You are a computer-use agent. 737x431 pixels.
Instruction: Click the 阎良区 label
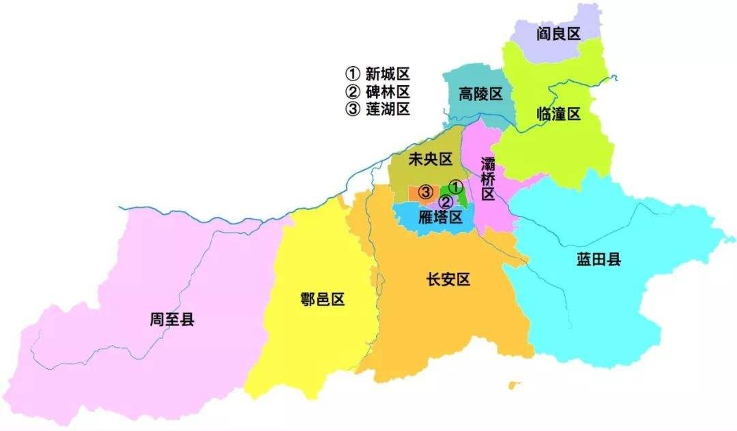tap(558, 33)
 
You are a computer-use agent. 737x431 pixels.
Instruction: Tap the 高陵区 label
tap(480, 94)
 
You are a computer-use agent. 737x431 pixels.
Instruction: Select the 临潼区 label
tap(558, 115)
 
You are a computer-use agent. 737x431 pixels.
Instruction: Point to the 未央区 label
tap(430, 160)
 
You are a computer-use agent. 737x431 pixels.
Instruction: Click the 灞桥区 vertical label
tap(487, 179)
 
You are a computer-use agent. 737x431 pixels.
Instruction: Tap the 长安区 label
tap(448, 279)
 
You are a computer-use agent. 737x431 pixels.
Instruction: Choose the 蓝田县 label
tap(598, 259)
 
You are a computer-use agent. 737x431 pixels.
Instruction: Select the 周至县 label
tap(172, 318)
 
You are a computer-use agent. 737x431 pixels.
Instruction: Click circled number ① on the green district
tap(457, 186)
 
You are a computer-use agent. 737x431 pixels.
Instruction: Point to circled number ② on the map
tap(445, 202)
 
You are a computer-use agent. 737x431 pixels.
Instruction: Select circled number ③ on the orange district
tap(425, 192)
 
